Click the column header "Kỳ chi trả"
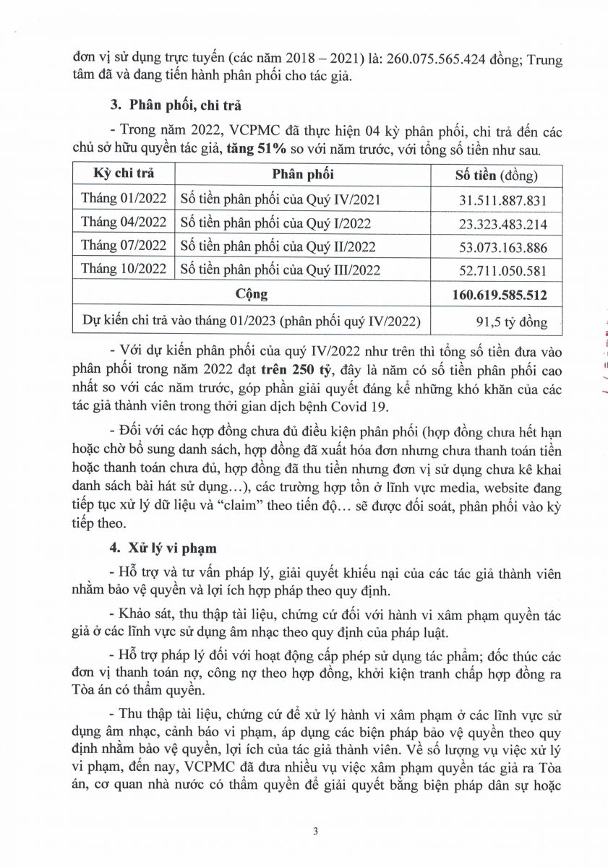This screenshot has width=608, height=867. pos(124,174)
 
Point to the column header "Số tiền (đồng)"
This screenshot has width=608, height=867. pos(496,175)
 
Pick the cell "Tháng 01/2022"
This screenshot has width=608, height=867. pos(124,199)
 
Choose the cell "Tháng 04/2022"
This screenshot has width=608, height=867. pos(124,223)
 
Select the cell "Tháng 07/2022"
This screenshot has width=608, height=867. pos(124,246)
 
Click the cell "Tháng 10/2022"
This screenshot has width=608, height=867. pos(124,269)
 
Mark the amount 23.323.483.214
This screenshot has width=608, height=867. pos(503,223)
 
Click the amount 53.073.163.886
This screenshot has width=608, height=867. pos(503,247)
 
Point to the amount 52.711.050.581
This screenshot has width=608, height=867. pos(503,270)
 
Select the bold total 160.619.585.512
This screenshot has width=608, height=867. pos(500,295)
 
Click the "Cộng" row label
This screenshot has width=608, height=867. pos(251,294)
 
